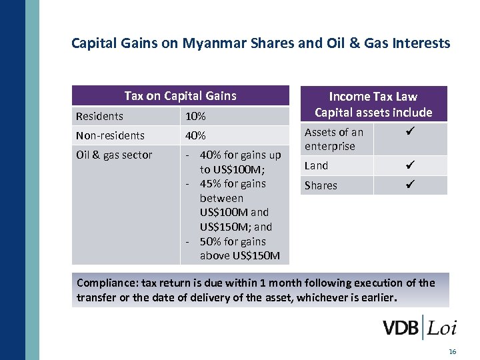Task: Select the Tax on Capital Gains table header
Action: pos(180,96)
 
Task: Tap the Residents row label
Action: pos(99,117)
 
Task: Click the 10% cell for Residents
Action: pos(195,117)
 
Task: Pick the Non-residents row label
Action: pos(110,136)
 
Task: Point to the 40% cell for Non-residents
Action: pos(195,136)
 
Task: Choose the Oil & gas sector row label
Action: pos(114,155)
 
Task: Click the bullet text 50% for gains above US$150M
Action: pos(240,249)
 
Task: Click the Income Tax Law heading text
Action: pos(373,97)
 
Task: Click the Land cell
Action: pos(316,165)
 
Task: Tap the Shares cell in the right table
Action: pos(321,185)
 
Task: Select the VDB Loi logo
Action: pos(419,328)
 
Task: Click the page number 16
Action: pos(453,351)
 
